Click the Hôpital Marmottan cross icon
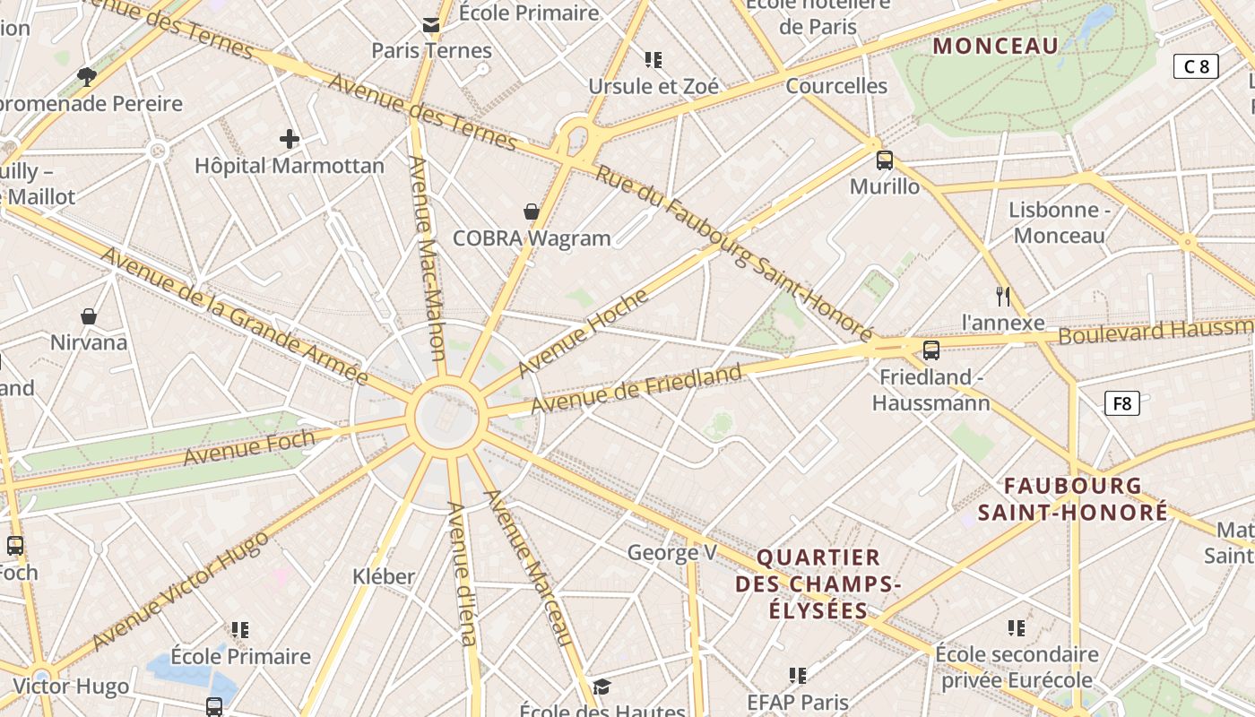tap(289, 139)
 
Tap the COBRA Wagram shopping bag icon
tap(532, 212)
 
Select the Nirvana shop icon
tap(89, 315)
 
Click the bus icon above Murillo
tap(884, 160)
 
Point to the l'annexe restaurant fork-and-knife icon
tap(1003, 296)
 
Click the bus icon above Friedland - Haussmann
tap(931, 350)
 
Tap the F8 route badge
tap(1121, 403)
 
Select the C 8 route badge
tap(1196, 65)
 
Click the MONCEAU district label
tap(995, 46)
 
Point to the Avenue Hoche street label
tap(583, 333)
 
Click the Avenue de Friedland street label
tap(636, 389)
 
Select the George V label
tap(671, 552)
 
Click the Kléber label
tap(384, 576)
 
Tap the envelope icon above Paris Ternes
tap(431, 24)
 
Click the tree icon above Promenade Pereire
tap(87, 76)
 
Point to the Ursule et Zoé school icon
tap(653, 60)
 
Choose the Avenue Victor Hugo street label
tap(180, 591)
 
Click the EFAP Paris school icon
tap(798, 675)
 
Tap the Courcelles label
tap(836, 86)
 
